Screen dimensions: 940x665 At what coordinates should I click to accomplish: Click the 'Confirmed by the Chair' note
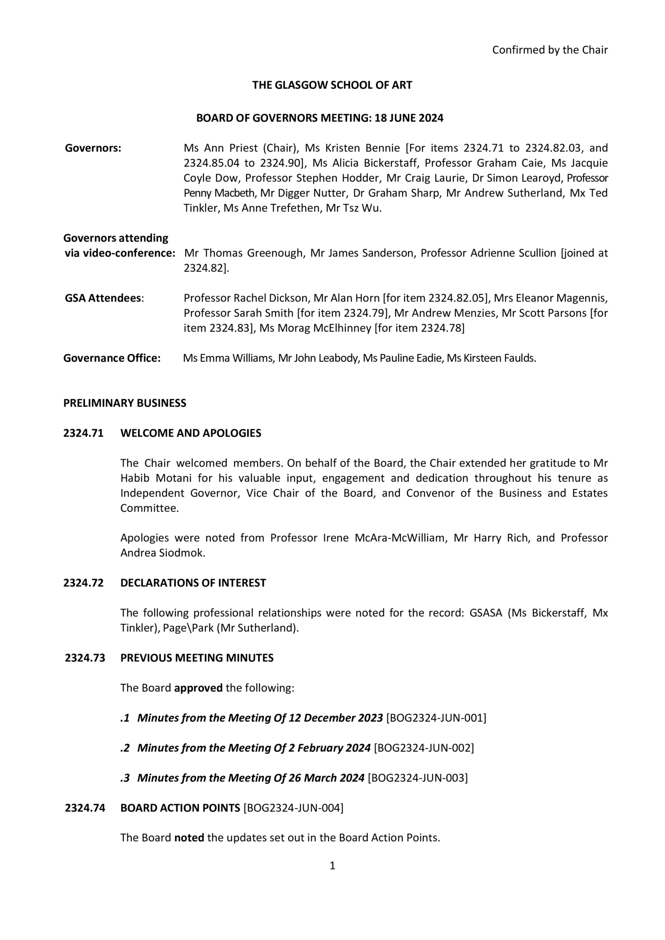(x=550, y=50)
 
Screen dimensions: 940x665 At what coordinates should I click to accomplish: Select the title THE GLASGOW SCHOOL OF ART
(x=332, y=85)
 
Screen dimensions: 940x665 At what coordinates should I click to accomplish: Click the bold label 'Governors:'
(x=93, y=148)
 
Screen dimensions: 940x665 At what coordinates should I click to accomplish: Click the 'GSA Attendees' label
(x=103, y=298)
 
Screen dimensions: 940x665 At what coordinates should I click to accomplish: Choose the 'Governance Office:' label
(x=112, y=358)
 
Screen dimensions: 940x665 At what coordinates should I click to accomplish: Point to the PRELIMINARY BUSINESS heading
(x=125, y=403)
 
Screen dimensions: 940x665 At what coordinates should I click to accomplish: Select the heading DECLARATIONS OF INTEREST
(x=193, y=583)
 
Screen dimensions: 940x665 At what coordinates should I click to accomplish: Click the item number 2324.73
(x=85, y=658)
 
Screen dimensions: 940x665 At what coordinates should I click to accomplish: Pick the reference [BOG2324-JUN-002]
(x=424, y=748)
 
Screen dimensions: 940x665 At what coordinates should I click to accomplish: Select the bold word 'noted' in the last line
(x=189, y=838)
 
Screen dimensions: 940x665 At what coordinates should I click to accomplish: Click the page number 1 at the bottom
(x=332, y=866)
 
